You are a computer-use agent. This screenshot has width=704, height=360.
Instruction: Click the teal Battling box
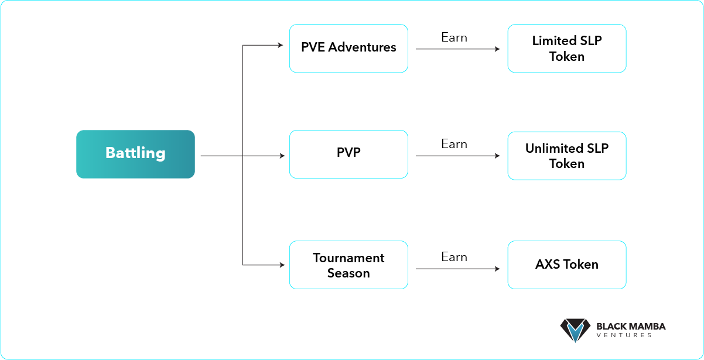(x=135, y=154)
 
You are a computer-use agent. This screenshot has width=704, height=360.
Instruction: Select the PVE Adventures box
(x=348, y=49)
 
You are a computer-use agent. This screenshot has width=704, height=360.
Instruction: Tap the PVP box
(x=348, y=154)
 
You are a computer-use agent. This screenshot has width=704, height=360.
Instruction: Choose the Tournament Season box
(x=348, y=265)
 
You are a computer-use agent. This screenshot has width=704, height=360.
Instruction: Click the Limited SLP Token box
(x=567, y=49)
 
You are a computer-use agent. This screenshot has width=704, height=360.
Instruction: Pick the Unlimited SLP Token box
(x=567, y=156)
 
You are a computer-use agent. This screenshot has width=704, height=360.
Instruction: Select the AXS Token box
(x=567, y=265)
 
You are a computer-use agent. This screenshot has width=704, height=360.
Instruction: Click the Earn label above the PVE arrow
(x=454, y=37)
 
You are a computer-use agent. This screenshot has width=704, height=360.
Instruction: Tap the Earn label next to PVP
(x=454, y=144)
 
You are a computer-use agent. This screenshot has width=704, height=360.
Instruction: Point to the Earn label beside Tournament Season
(x=454, y=257)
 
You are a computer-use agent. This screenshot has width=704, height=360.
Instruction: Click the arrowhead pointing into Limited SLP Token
(x=497, y=49)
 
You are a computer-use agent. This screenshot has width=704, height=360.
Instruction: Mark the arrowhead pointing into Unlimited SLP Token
(x=497, y=156)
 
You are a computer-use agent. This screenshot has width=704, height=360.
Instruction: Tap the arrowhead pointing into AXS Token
(x=497, y=269)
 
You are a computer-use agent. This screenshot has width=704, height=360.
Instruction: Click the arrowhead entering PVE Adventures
(x=281, y=45)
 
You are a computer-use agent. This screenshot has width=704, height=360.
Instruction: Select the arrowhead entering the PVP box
(x=282, y=156)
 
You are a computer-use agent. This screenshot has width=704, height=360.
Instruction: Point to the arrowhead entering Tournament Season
(x=282, y=265)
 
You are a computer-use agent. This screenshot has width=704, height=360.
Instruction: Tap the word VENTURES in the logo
(x=624, y=335)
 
